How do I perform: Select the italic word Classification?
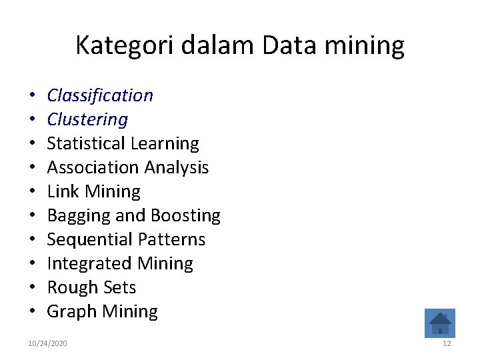tap(100, 96)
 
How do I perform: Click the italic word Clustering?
tap(87, 120)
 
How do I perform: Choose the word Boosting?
tap(185, 216)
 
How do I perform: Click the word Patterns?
tap(172, 240)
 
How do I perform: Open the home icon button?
tap(440, 323)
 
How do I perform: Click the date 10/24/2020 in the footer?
tap(47, 343)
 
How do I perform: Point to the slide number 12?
tap(447, 343)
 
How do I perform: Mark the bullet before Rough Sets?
tap(32, 288)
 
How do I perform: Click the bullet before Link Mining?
tap(32, 192)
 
